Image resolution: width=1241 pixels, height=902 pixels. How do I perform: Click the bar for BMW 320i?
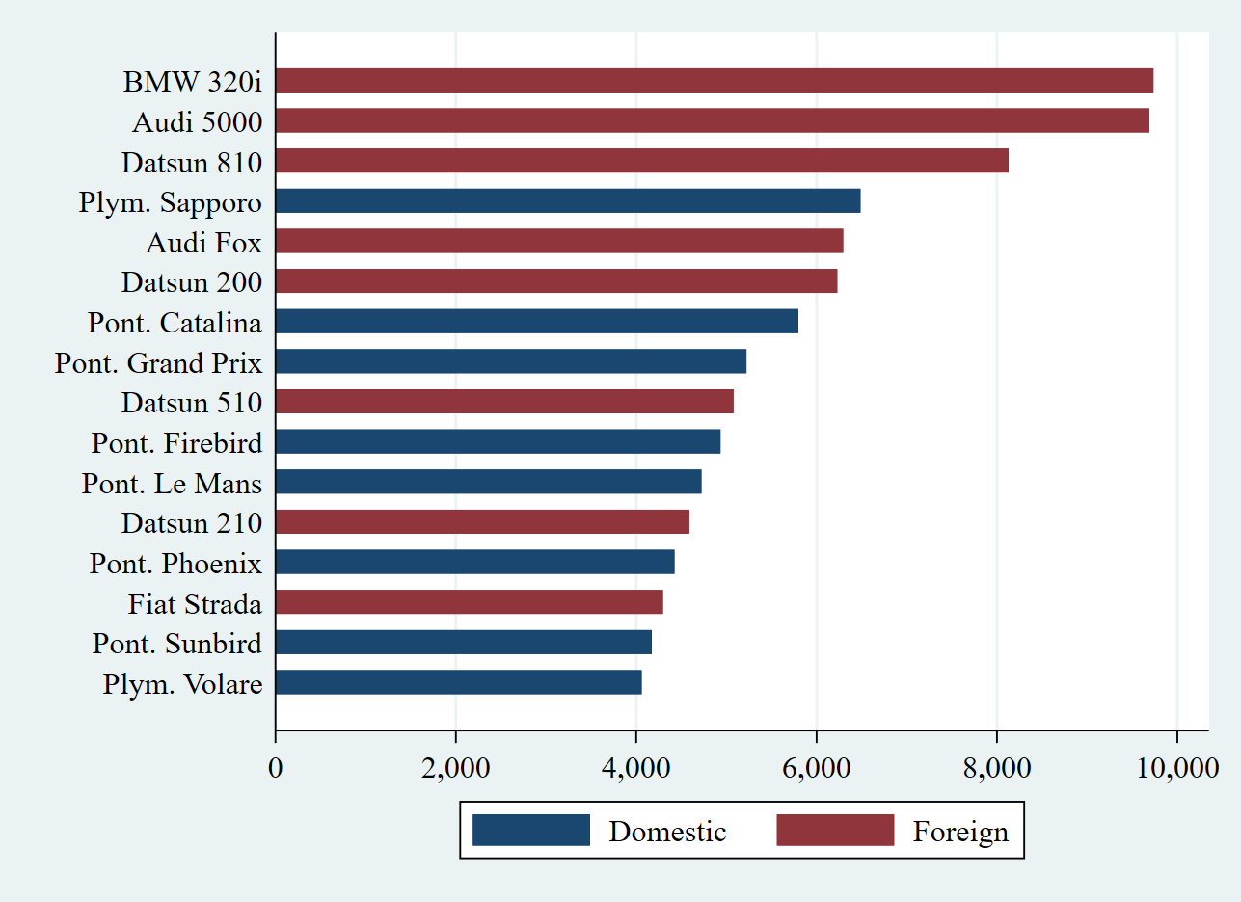714,81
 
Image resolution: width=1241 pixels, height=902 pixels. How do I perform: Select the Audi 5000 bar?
712,120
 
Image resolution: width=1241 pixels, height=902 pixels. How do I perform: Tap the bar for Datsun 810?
641,161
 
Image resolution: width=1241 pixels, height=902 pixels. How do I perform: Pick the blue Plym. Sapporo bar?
567,201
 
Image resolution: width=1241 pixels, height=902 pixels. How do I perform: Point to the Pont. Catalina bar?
536,321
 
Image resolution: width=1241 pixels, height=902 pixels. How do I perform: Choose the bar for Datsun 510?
504,401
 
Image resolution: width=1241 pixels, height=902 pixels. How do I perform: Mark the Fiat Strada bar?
469,602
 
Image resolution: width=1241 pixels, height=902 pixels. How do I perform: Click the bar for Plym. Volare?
458,682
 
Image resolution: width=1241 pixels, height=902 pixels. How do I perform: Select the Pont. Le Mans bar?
488,482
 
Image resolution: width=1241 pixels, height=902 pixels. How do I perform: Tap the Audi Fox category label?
203,243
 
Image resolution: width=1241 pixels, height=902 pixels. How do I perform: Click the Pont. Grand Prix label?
158,363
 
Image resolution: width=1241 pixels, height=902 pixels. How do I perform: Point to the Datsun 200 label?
191,283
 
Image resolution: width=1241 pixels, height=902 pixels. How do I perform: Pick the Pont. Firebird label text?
176,443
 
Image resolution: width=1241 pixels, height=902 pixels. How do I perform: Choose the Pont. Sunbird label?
176,643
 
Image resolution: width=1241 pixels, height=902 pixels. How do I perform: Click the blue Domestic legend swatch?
530,830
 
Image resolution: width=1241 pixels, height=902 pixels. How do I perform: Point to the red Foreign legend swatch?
835,830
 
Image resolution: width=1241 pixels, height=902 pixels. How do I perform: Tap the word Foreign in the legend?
960,832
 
